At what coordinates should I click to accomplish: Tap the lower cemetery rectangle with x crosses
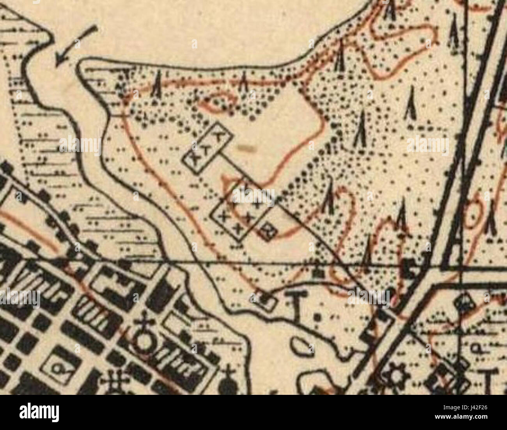pyautogui.click(x=241, y=211)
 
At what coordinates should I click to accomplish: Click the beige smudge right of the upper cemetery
pyautogui.click(x=246, y=148)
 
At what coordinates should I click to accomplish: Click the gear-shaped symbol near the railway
pyautogui.click(x=394, y=377)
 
